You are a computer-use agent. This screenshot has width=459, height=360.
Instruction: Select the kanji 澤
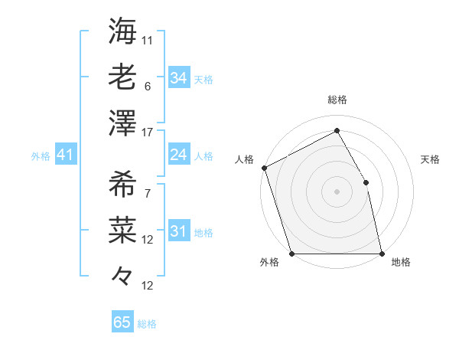(x=122, y=122)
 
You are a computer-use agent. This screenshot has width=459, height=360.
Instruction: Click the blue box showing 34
(x=178, y=77)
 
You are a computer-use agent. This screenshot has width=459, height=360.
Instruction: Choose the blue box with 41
(x=65, y=155)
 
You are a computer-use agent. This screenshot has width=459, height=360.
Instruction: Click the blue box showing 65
(x=122, y=322)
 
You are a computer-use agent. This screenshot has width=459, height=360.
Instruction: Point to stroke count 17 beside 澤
(x=148, y=133)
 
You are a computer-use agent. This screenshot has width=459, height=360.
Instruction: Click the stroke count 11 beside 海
(x=148, y=39)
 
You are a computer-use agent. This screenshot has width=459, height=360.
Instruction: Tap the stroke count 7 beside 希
(x=148, y=194)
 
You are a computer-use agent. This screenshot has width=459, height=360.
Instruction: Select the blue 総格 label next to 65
(x=147, y=324)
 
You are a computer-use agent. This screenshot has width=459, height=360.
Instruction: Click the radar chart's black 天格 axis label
(x=431, y=159)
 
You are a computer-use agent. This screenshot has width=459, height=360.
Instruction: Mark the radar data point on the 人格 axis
(x=264, y=168)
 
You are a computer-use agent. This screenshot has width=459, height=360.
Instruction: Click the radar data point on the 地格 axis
(x=381, y=253)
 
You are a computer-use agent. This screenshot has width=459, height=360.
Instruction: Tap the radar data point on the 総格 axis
(x=337, y=130)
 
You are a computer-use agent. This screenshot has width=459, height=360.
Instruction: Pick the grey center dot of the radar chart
(x=337, y=191)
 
